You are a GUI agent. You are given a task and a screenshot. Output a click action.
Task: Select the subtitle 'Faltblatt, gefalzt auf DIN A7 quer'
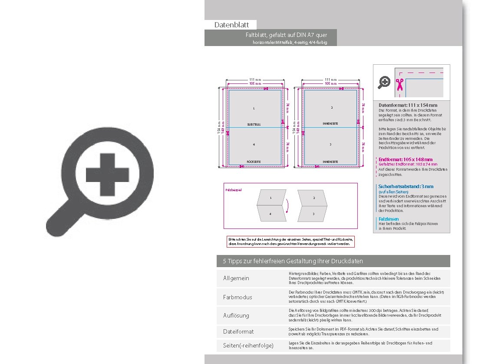click(x=286, y=35)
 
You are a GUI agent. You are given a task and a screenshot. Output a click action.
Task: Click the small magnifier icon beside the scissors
click(x=384, y=82)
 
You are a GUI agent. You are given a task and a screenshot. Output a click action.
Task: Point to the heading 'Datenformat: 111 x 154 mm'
click(x=408, y=105)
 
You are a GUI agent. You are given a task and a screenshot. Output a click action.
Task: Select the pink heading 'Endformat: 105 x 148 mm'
click(x=406, y=159)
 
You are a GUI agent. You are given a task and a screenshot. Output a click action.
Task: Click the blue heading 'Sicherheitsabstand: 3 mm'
click(x=406, y=186)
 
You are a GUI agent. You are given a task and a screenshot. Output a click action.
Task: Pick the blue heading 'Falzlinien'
click(x=389, y=219)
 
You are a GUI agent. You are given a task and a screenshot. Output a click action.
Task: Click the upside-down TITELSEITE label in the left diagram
click(x=254, y=124)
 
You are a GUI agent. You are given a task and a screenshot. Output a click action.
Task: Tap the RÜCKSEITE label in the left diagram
click(x=254, y=162)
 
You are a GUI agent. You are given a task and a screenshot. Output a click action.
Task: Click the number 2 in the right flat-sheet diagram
click(x=331, y=108)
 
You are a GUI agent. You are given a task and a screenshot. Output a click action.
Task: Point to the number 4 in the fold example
click(x=270, y=214)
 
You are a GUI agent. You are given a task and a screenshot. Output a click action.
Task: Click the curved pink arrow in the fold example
click(x=287, y=206)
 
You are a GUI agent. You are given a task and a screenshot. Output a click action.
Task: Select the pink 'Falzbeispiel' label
click(x=233, y=190)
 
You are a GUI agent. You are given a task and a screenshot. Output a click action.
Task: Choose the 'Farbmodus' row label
click(x=238, y=297)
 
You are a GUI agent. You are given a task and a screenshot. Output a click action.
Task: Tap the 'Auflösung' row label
click(x=236, y=315)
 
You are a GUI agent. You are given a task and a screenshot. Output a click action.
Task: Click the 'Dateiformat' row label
click(x=238, y=331)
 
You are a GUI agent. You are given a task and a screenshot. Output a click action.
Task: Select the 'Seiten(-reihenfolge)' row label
click(x=248, y=346)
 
